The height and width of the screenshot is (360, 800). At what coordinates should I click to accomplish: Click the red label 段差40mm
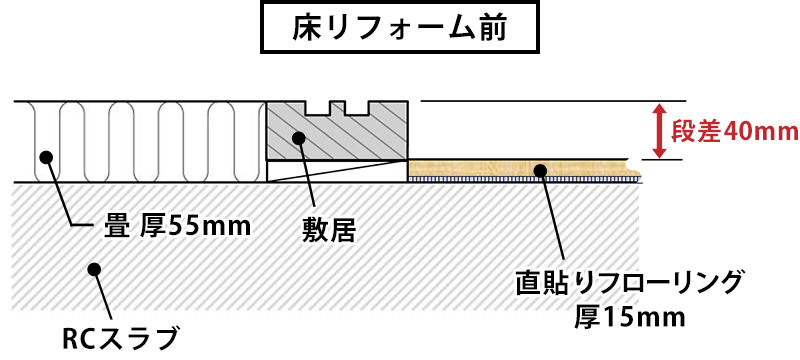coord(734,131)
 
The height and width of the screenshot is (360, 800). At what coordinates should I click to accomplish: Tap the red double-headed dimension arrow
coord(659,129)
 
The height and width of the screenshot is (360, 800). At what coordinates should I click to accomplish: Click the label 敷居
coord(329,231)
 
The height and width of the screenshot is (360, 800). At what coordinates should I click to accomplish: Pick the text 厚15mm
coord(630,318)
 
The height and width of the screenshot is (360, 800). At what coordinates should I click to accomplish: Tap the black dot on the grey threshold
coord(297,138)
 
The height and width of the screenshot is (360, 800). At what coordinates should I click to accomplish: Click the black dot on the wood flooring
coord(540,169)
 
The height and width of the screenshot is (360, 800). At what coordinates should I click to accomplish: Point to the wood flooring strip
coord(480,168)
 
